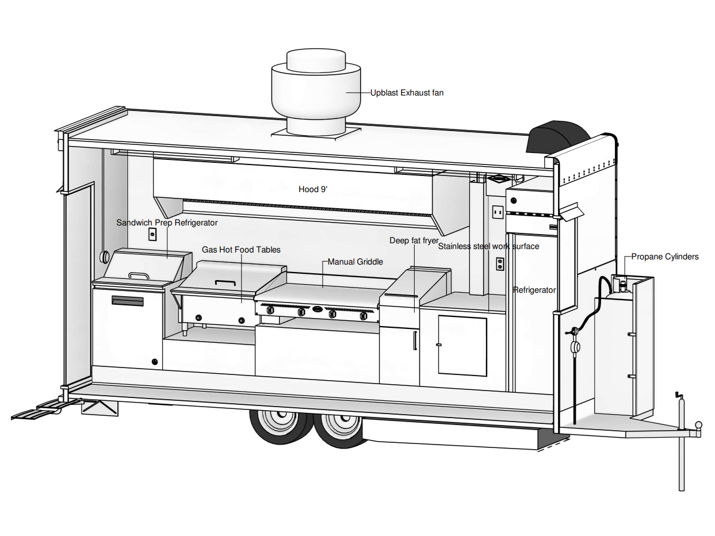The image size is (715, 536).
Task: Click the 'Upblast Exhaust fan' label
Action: click(407, 93)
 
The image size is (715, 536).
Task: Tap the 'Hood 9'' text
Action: click(313, 189)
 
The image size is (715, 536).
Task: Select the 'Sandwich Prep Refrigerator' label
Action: click(167, 223)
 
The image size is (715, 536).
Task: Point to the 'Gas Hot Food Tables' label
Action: click(241, 250)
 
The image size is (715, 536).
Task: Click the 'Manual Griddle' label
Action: click(355, 262)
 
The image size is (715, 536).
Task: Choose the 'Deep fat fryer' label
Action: click(414, 240)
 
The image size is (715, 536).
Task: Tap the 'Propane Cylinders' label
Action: click(665, 256)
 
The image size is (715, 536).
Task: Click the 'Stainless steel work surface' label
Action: click(488, 246)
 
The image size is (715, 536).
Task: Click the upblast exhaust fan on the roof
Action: click(316, 93)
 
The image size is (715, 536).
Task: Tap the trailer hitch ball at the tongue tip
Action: click(698, 424)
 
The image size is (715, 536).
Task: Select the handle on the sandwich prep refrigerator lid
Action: click(139, 275)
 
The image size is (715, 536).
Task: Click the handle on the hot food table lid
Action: click(225, 282)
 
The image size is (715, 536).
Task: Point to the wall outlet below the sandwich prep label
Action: click(152, 234)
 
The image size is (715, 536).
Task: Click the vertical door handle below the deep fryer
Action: click(415, 340)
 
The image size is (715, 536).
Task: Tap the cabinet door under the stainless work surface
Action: click(462, 346)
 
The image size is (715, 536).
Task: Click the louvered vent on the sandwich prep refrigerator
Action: click(127, 301)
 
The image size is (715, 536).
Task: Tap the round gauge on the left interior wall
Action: click(105, 257)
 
